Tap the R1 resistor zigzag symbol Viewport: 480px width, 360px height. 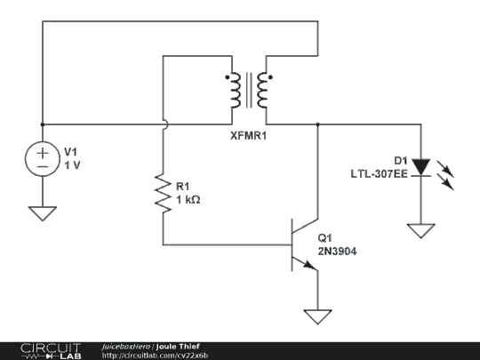(x=163, y=193)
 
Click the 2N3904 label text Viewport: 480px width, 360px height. (x=337, y=252)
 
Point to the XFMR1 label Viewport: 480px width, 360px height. (x=248, y=136)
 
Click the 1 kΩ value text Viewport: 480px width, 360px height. (x=188, y=200)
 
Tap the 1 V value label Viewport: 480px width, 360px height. (x=72, y=165)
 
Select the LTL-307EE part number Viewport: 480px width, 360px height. (x=379, y=174)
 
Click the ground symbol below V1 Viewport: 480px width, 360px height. (x=43, y=213)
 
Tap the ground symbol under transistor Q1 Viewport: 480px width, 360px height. (x=317, y=316)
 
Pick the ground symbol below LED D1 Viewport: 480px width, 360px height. (x=421, y=231)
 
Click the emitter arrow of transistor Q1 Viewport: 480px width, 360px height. (x=309, y=265)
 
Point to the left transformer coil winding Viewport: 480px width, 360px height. (x=236, y=90)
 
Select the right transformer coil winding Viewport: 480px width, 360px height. (x=262, y=90)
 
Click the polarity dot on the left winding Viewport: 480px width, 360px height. (x=228, y=77)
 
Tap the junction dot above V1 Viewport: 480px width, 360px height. (x=43, y=124)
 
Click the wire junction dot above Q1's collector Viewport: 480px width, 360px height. (x=317, y=124)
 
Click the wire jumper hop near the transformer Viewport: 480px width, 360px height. (x=166, y=124)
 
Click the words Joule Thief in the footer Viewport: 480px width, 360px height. (x=178, y=347)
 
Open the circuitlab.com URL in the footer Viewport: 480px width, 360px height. (x=155, y=356)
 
